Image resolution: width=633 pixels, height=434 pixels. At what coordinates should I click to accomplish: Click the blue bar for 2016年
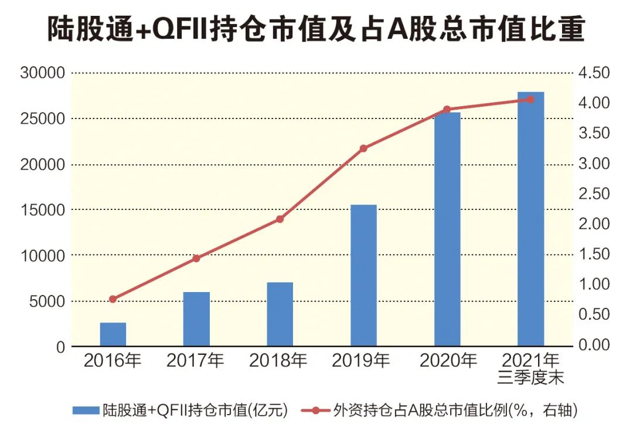(113, 334)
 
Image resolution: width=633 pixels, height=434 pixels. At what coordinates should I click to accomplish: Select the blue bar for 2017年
(196, 319)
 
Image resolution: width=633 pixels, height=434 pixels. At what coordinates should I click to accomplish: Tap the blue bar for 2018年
(280, 314)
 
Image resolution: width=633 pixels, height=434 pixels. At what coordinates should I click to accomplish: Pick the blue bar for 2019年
(363, 276)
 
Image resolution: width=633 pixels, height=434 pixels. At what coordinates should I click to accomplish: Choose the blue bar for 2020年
(447, 229)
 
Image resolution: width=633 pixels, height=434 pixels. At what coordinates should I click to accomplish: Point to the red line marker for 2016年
(113, 299)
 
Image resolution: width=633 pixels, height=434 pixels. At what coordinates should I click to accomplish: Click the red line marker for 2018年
(280, 219)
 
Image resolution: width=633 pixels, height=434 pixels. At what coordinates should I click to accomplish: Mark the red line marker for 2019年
(363, 148)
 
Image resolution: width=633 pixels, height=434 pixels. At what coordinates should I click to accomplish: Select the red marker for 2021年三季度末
(531, 99)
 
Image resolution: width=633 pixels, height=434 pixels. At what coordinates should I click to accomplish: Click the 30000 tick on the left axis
(43, 73)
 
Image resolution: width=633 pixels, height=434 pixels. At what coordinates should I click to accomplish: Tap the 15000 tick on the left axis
(43, 210)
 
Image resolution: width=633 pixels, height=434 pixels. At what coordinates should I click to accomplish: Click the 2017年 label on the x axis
(196, 360)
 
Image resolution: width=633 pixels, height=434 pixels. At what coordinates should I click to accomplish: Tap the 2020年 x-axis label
(447, 360)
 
